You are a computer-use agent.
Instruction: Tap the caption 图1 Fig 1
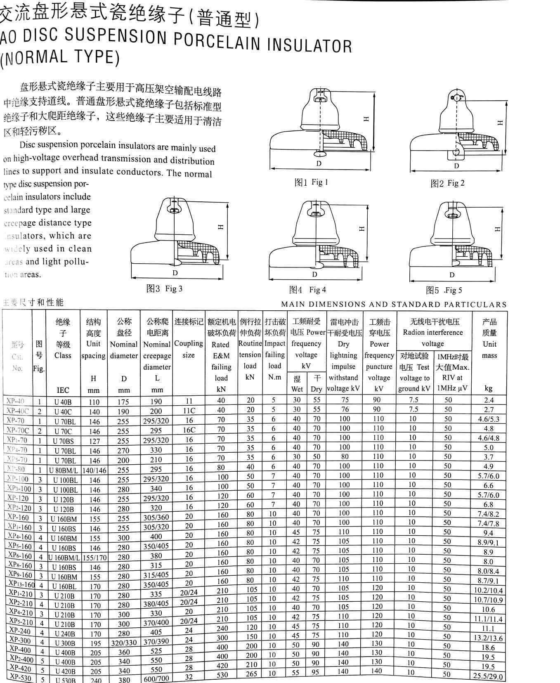311,182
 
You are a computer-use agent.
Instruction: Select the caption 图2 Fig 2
447,183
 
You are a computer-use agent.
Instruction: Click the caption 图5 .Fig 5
444,291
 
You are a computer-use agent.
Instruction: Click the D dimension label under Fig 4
315,274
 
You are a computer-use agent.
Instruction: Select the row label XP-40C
18,411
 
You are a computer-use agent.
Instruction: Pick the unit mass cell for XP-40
489,400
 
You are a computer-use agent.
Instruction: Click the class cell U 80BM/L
63,470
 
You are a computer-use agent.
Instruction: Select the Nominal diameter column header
124,350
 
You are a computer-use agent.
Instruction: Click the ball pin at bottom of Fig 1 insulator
319,154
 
